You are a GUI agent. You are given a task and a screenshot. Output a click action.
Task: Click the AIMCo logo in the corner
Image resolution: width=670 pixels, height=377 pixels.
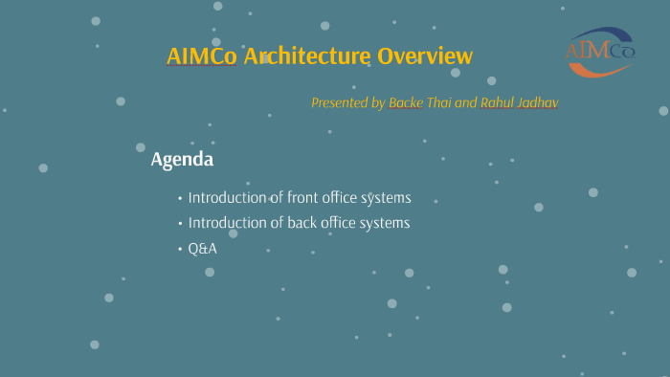click(x=600, y=51)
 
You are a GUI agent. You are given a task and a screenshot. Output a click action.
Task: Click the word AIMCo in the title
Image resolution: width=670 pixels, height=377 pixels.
click(x=202, y=56)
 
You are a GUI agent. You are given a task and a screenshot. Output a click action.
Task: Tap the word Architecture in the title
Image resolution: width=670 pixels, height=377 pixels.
click(x=306, y=56)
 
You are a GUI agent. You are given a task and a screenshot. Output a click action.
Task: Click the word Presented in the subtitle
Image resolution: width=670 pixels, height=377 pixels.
click(x=339, y=102)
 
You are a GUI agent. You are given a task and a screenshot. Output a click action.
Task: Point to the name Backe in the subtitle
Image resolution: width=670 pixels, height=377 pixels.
click(x=407, y=102)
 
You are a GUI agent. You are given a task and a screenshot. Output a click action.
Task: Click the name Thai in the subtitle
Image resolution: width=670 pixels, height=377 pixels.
click(x=439, y=102)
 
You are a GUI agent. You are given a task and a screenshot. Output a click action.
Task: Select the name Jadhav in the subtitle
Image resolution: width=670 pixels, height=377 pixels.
click(x=539, y=102)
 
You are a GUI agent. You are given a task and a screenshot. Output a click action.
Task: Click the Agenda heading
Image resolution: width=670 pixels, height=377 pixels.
click(x=182, y=160)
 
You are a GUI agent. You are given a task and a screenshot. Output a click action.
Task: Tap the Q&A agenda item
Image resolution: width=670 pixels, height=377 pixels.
click(x=203, y=249)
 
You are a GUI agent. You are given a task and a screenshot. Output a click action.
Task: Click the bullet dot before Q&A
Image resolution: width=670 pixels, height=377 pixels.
click(x=180, y=249)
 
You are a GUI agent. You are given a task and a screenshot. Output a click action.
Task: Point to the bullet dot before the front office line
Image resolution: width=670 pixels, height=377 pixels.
click(x=180, y=199)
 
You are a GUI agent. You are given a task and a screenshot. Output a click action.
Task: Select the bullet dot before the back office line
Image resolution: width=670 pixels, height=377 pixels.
click(x=180, y=224)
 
